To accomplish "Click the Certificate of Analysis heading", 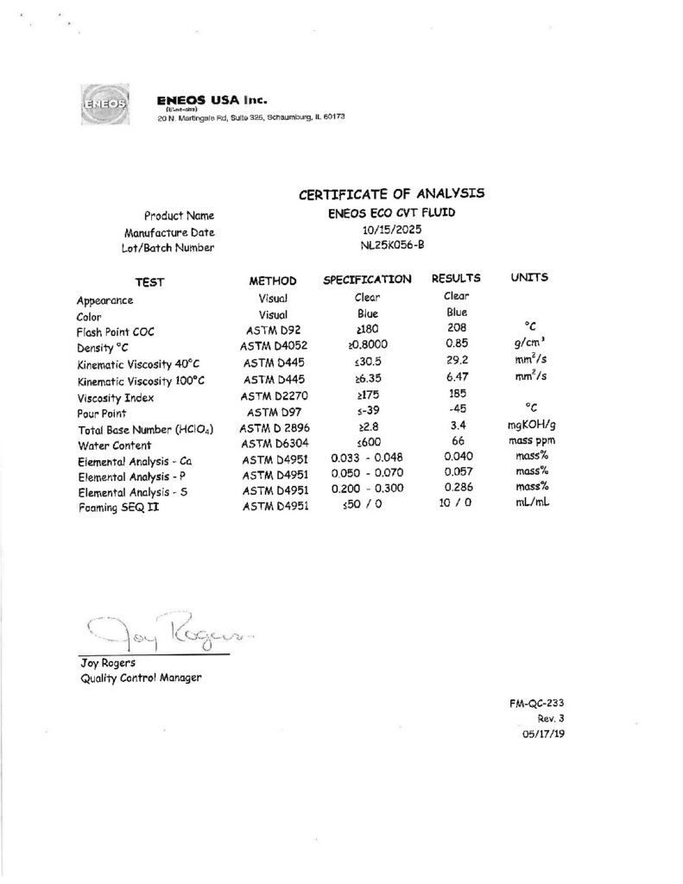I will tap(391, 193).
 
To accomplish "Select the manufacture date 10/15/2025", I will tap(392, 230).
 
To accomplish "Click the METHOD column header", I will tap(272, 281).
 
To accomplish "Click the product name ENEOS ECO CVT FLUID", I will tap(392, 212).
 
